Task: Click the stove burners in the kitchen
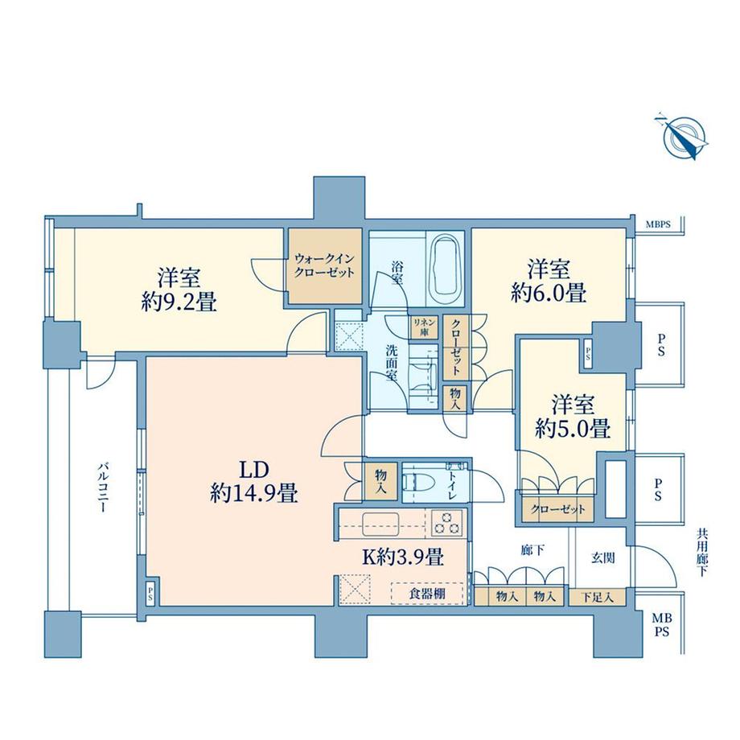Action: (445, 523)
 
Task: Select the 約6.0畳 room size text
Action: (548, 292)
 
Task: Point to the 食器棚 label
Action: (425, 594)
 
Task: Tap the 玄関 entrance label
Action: (603, 557)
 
